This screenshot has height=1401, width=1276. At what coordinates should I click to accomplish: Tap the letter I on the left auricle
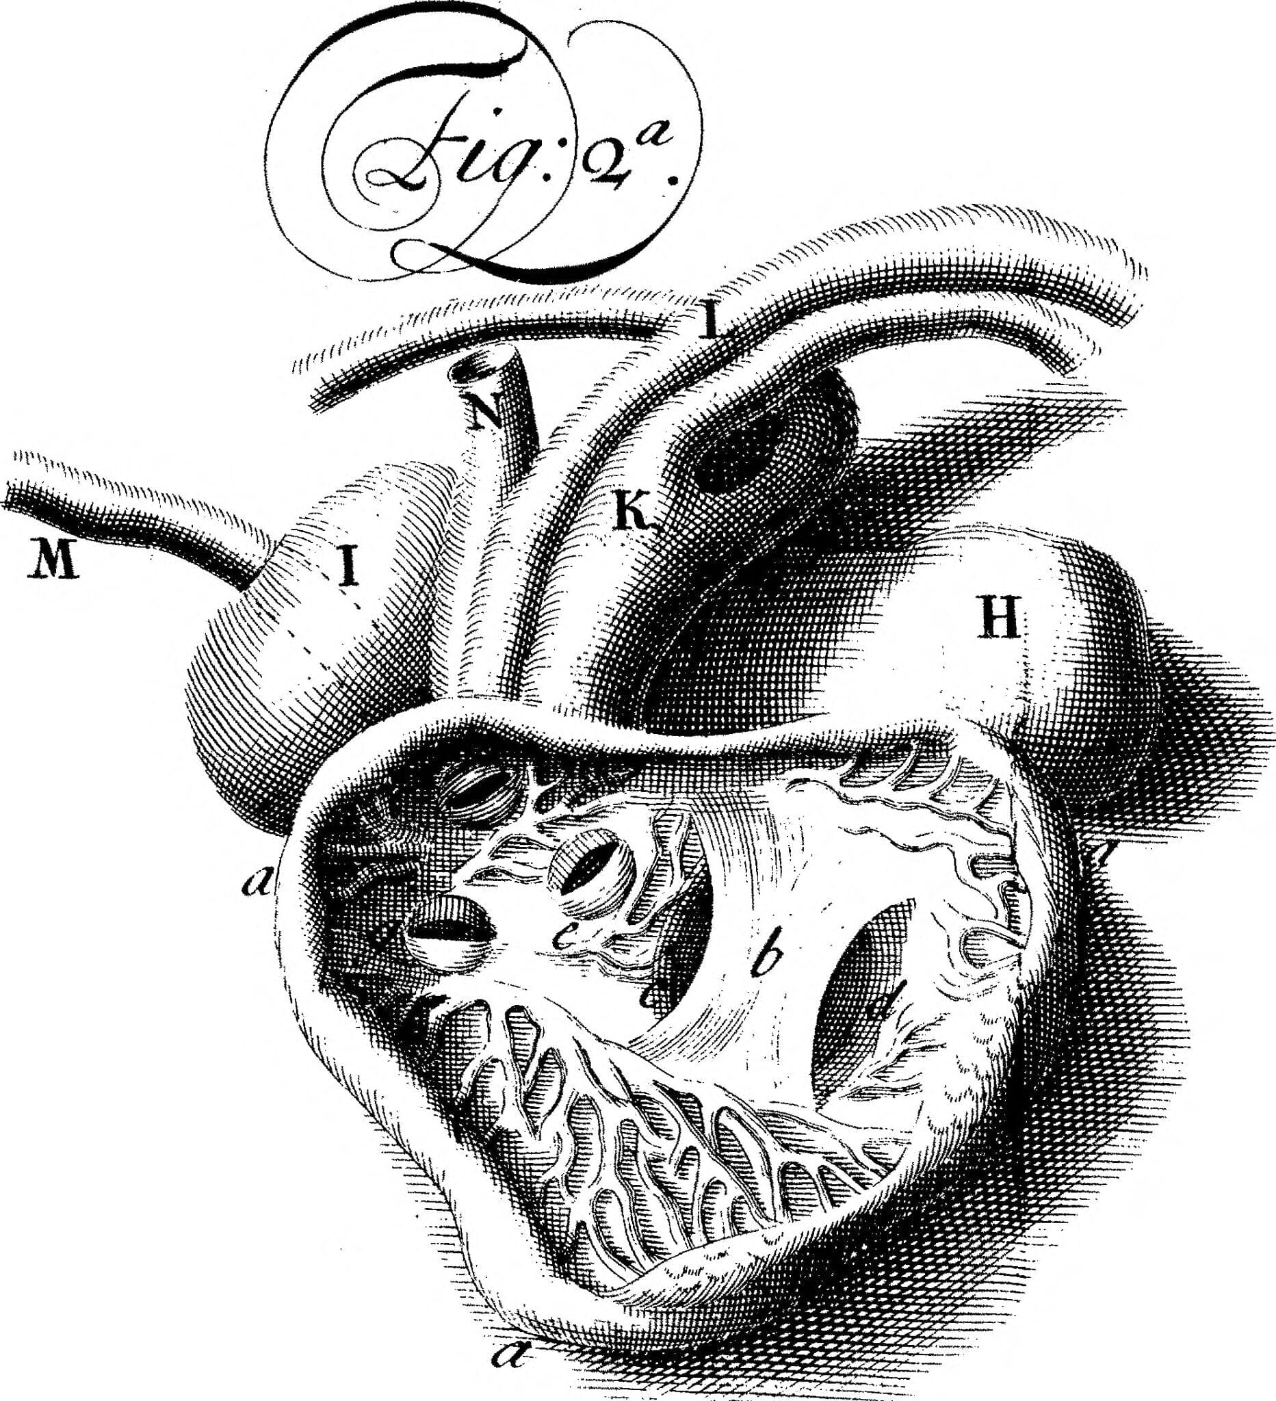346,565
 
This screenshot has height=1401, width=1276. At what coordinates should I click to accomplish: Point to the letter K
633,512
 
